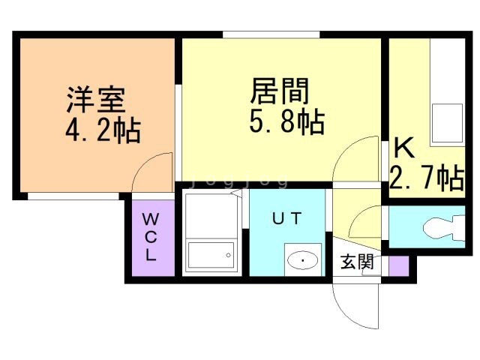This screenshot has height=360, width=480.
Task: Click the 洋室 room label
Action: point(94,99)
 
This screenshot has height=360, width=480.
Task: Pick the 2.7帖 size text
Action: point(425,178)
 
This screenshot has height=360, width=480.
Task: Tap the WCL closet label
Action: point(151,236)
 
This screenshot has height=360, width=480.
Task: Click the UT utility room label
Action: point(286,219)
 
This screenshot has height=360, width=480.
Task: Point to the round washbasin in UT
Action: point(303,260)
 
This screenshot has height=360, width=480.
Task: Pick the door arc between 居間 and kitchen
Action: point(358,159)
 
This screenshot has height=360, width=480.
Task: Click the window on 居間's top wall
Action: point(271,34)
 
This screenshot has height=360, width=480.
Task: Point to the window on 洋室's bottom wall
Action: point(73,196)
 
